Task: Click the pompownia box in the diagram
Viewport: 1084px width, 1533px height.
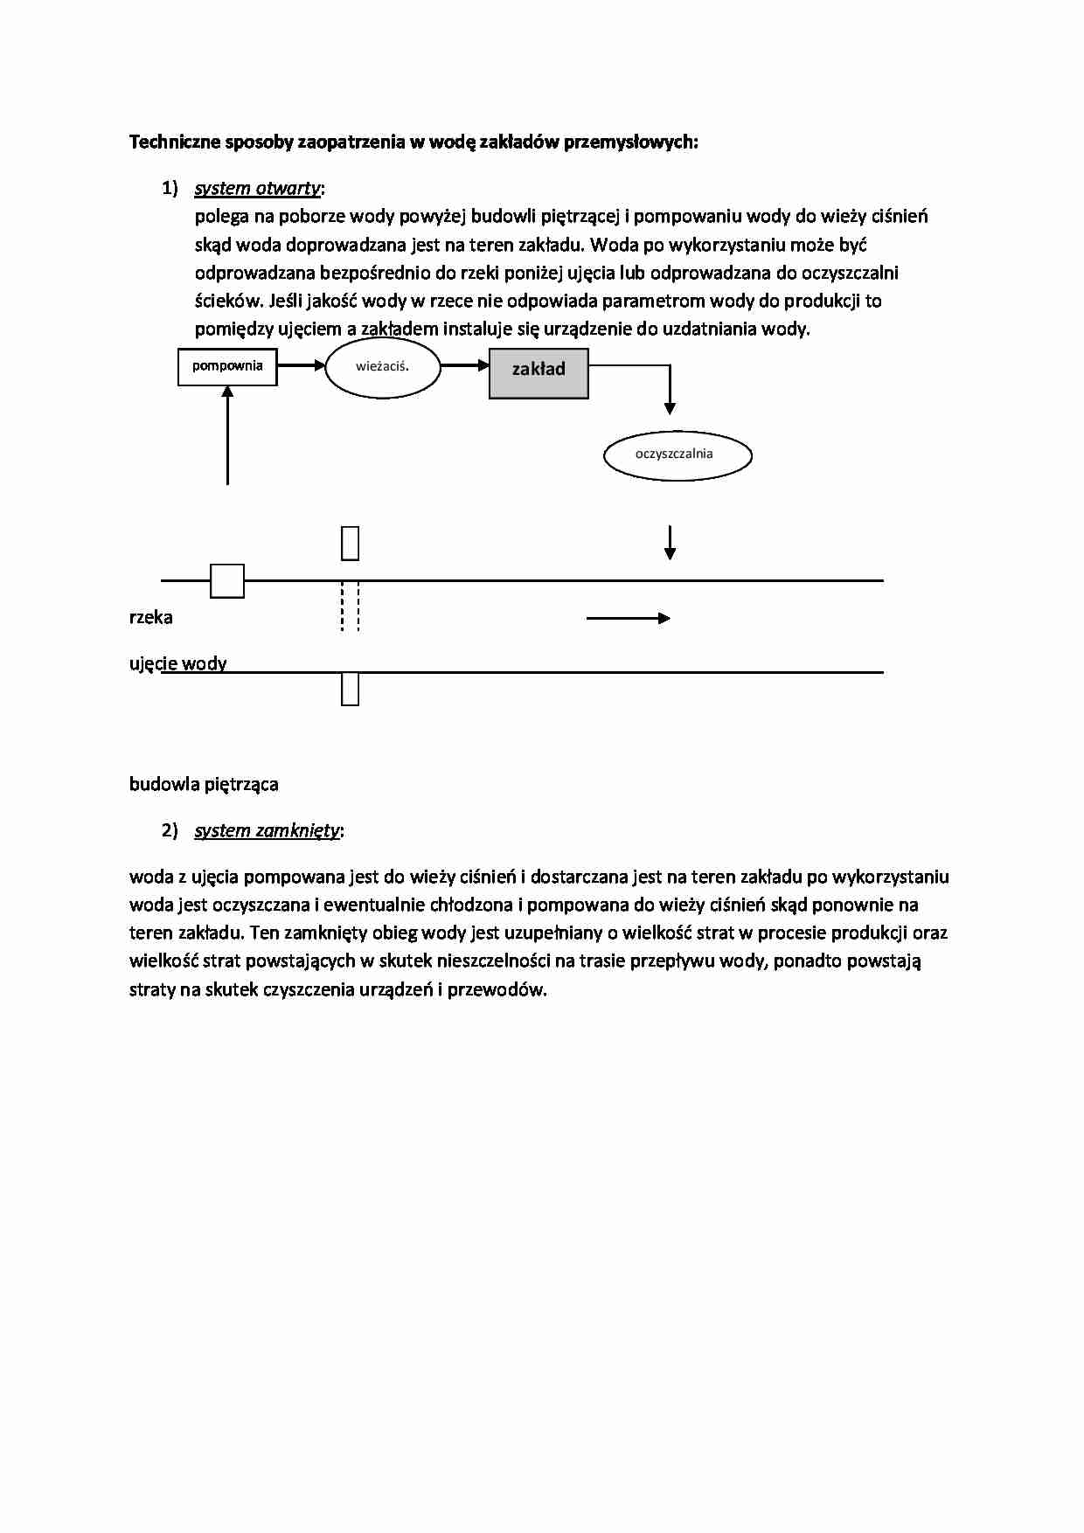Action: [227, 366]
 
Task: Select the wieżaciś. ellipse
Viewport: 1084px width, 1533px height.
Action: [382, 367]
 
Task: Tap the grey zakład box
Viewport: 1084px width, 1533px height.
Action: [539, 373]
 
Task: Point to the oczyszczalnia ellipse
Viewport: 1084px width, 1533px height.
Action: [677, 454]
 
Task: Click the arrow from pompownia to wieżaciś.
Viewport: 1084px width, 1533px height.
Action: [301, 365]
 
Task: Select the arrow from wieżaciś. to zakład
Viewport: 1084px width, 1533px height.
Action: [464, 365]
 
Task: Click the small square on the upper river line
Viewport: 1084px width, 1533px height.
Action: [227, 580]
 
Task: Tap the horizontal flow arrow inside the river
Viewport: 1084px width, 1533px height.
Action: [628, 618]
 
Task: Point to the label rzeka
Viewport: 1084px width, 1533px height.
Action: [151, 617]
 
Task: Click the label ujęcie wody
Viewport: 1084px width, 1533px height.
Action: [178, 663]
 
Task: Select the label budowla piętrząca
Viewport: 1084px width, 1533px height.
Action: [204, 784]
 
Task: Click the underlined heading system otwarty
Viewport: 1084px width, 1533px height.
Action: [258, 188]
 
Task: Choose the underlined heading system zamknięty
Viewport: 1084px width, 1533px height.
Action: [267, 830]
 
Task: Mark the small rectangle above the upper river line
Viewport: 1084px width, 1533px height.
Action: [350, 543]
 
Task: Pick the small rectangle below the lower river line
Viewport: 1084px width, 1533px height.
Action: [350, 689]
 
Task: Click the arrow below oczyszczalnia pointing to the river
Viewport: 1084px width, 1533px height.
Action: [670, 542]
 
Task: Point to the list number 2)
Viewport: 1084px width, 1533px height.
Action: [170, 830]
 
